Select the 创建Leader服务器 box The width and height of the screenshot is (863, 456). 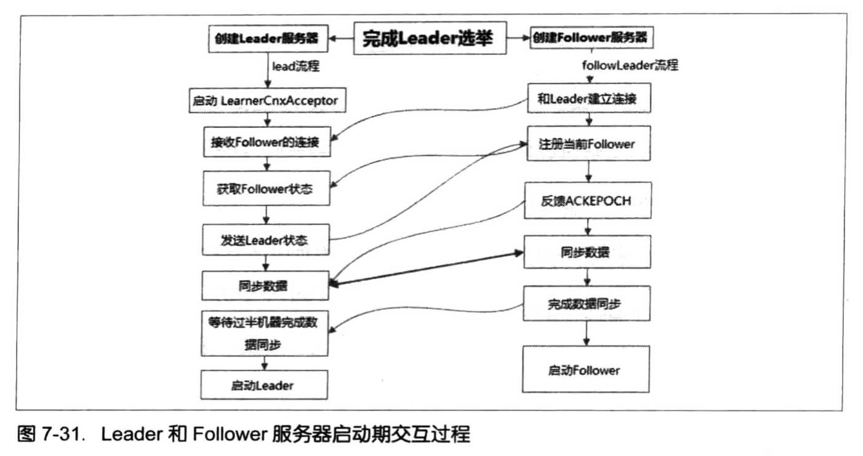[267, 38]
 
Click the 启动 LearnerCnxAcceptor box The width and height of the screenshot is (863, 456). [265, 101]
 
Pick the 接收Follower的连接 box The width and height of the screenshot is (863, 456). [265, 143]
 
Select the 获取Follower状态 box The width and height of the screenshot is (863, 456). [265, 189]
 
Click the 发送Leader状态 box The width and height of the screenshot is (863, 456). [265, 240]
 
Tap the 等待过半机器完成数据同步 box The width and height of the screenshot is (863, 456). [265, 333]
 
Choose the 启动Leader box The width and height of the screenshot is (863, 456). [265, 386]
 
